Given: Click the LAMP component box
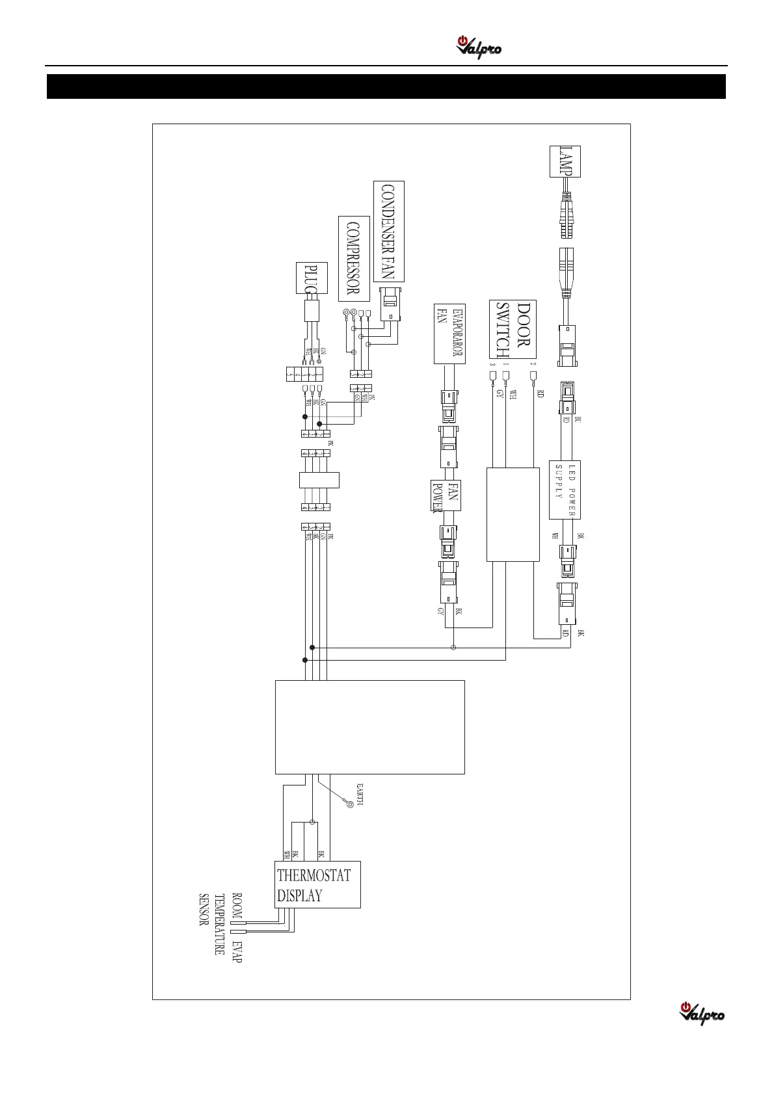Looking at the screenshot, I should tap(565, 161).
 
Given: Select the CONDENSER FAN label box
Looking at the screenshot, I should tap(389, 231).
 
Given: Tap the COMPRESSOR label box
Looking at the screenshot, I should tap(354, 258).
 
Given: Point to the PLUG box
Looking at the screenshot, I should tap(312, 278).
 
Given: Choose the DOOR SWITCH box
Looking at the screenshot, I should tap(513, 330).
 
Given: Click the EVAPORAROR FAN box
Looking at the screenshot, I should tap(449, 334).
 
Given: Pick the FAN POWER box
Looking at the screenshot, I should tap(446, 495).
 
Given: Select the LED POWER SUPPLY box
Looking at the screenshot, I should tap(565, 490).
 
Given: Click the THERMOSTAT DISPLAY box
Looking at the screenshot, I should tap(317, 884).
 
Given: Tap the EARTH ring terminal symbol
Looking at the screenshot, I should tap(351, 804).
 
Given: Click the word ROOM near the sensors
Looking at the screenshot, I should tap(237, 905).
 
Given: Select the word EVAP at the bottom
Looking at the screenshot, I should tap(237, 951).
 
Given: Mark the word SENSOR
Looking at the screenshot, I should tap(204, 909).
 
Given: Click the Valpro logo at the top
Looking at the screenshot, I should tap(479, 48).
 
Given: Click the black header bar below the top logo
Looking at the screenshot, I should tap(386, 86).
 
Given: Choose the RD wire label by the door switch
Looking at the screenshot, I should tap(540, 393).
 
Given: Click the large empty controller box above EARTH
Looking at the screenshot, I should tap(369, 727).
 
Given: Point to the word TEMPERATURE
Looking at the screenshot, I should tap(220, 923).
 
